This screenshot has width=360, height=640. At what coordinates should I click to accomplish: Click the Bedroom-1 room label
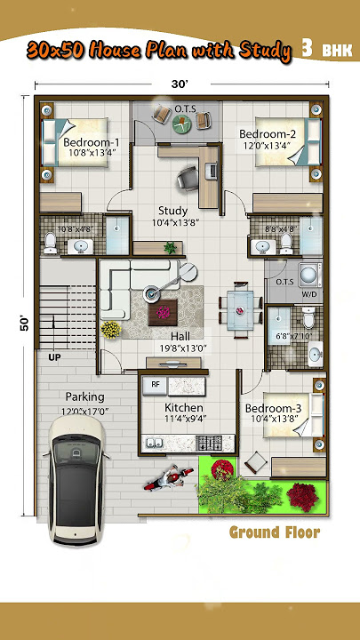91,142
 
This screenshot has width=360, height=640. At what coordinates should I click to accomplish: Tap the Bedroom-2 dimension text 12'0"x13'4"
271,145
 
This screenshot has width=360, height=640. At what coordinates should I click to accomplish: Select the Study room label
172,211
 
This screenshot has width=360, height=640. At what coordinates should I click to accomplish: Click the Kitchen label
184,408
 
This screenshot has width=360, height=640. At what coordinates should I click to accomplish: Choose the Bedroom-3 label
273,409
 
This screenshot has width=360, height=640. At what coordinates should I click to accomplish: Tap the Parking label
84,396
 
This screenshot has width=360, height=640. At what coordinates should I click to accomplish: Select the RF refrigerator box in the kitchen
155,385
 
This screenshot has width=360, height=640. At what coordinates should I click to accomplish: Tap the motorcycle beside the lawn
166,480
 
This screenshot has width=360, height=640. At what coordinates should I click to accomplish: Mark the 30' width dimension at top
180,84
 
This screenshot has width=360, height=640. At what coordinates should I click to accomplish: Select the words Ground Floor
274,532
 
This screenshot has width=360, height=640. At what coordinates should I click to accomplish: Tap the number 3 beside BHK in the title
307,49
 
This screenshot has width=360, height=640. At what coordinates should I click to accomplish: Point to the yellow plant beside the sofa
110,330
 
